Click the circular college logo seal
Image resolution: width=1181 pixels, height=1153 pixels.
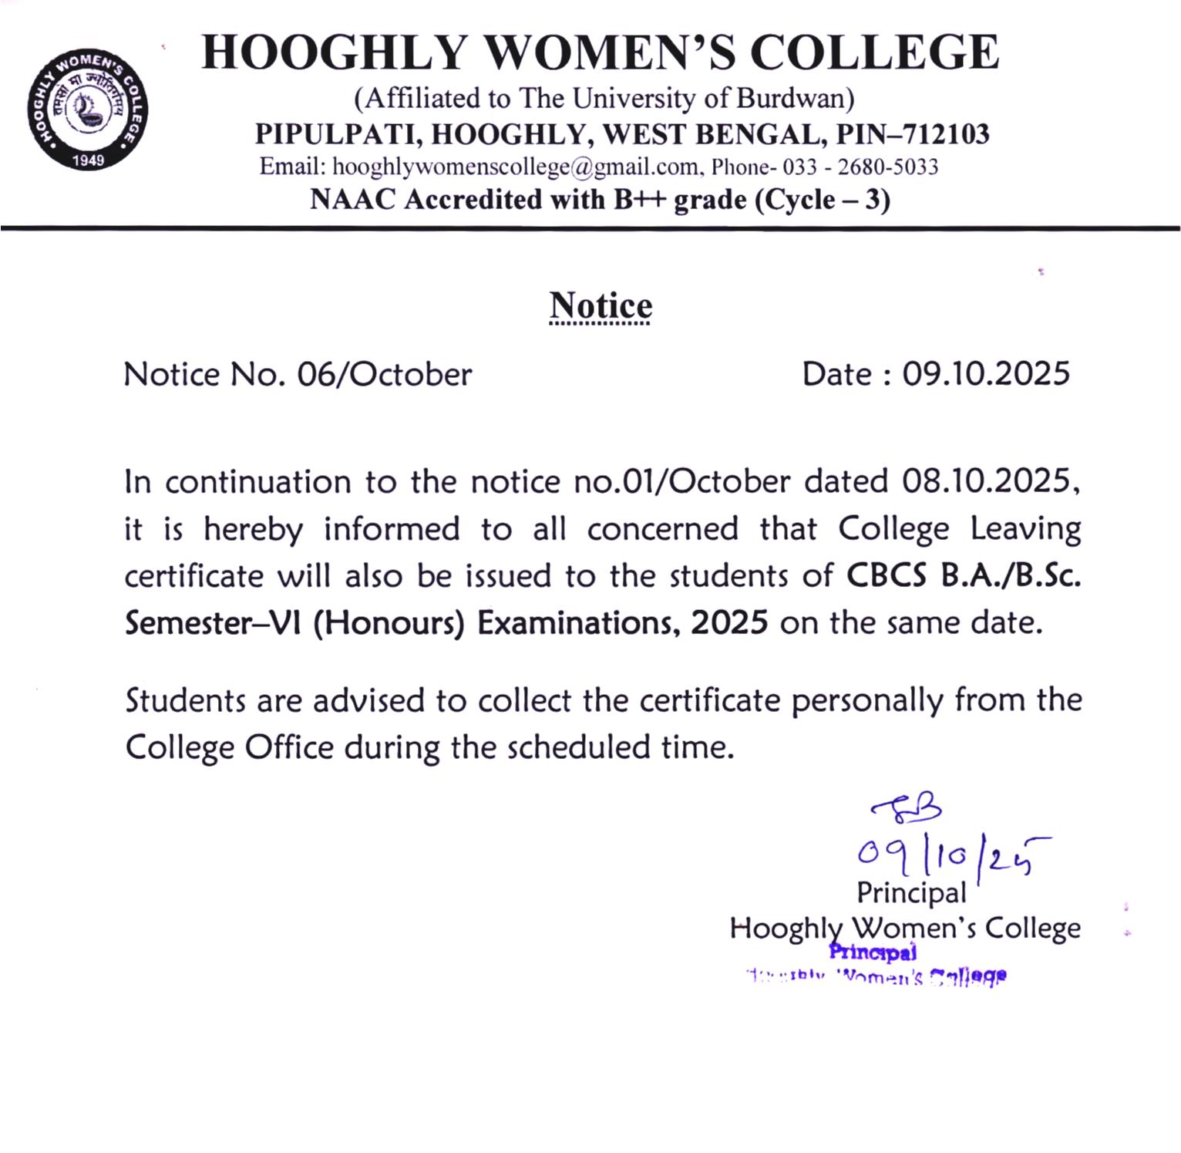point(87,109)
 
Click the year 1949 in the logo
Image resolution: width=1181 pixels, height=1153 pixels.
point(88,160)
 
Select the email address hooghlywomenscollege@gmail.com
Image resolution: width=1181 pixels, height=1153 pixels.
point(515,167)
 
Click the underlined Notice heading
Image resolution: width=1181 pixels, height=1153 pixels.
point(601,305)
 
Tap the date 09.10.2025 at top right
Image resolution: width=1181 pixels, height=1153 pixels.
point(986,374)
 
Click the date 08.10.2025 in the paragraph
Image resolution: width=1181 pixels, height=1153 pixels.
point(988,482)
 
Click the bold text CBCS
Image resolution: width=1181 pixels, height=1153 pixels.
point(887,576)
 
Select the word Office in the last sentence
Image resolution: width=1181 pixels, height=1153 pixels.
point(290,748)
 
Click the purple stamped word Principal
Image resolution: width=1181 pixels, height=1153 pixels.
point(873,952)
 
